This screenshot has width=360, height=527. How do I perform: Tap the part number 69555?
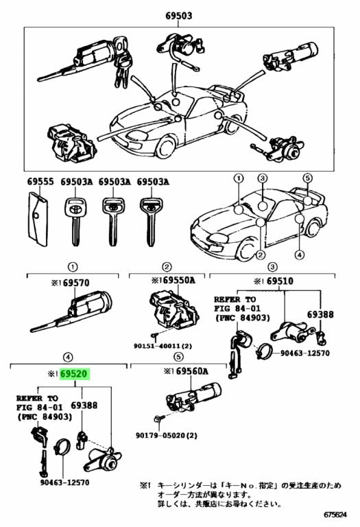[x=40, y=182]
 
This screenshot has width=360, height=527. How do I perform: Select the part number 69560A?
[x=189, y=371]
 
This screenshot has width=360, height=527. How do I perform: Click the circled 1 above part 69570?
[x=71, y=266]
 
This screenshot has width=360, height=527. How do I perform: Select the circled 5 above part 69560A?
[x=178, y=357]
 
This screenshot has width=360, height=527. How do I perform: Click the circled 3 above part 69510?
[x=272, y=266]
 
